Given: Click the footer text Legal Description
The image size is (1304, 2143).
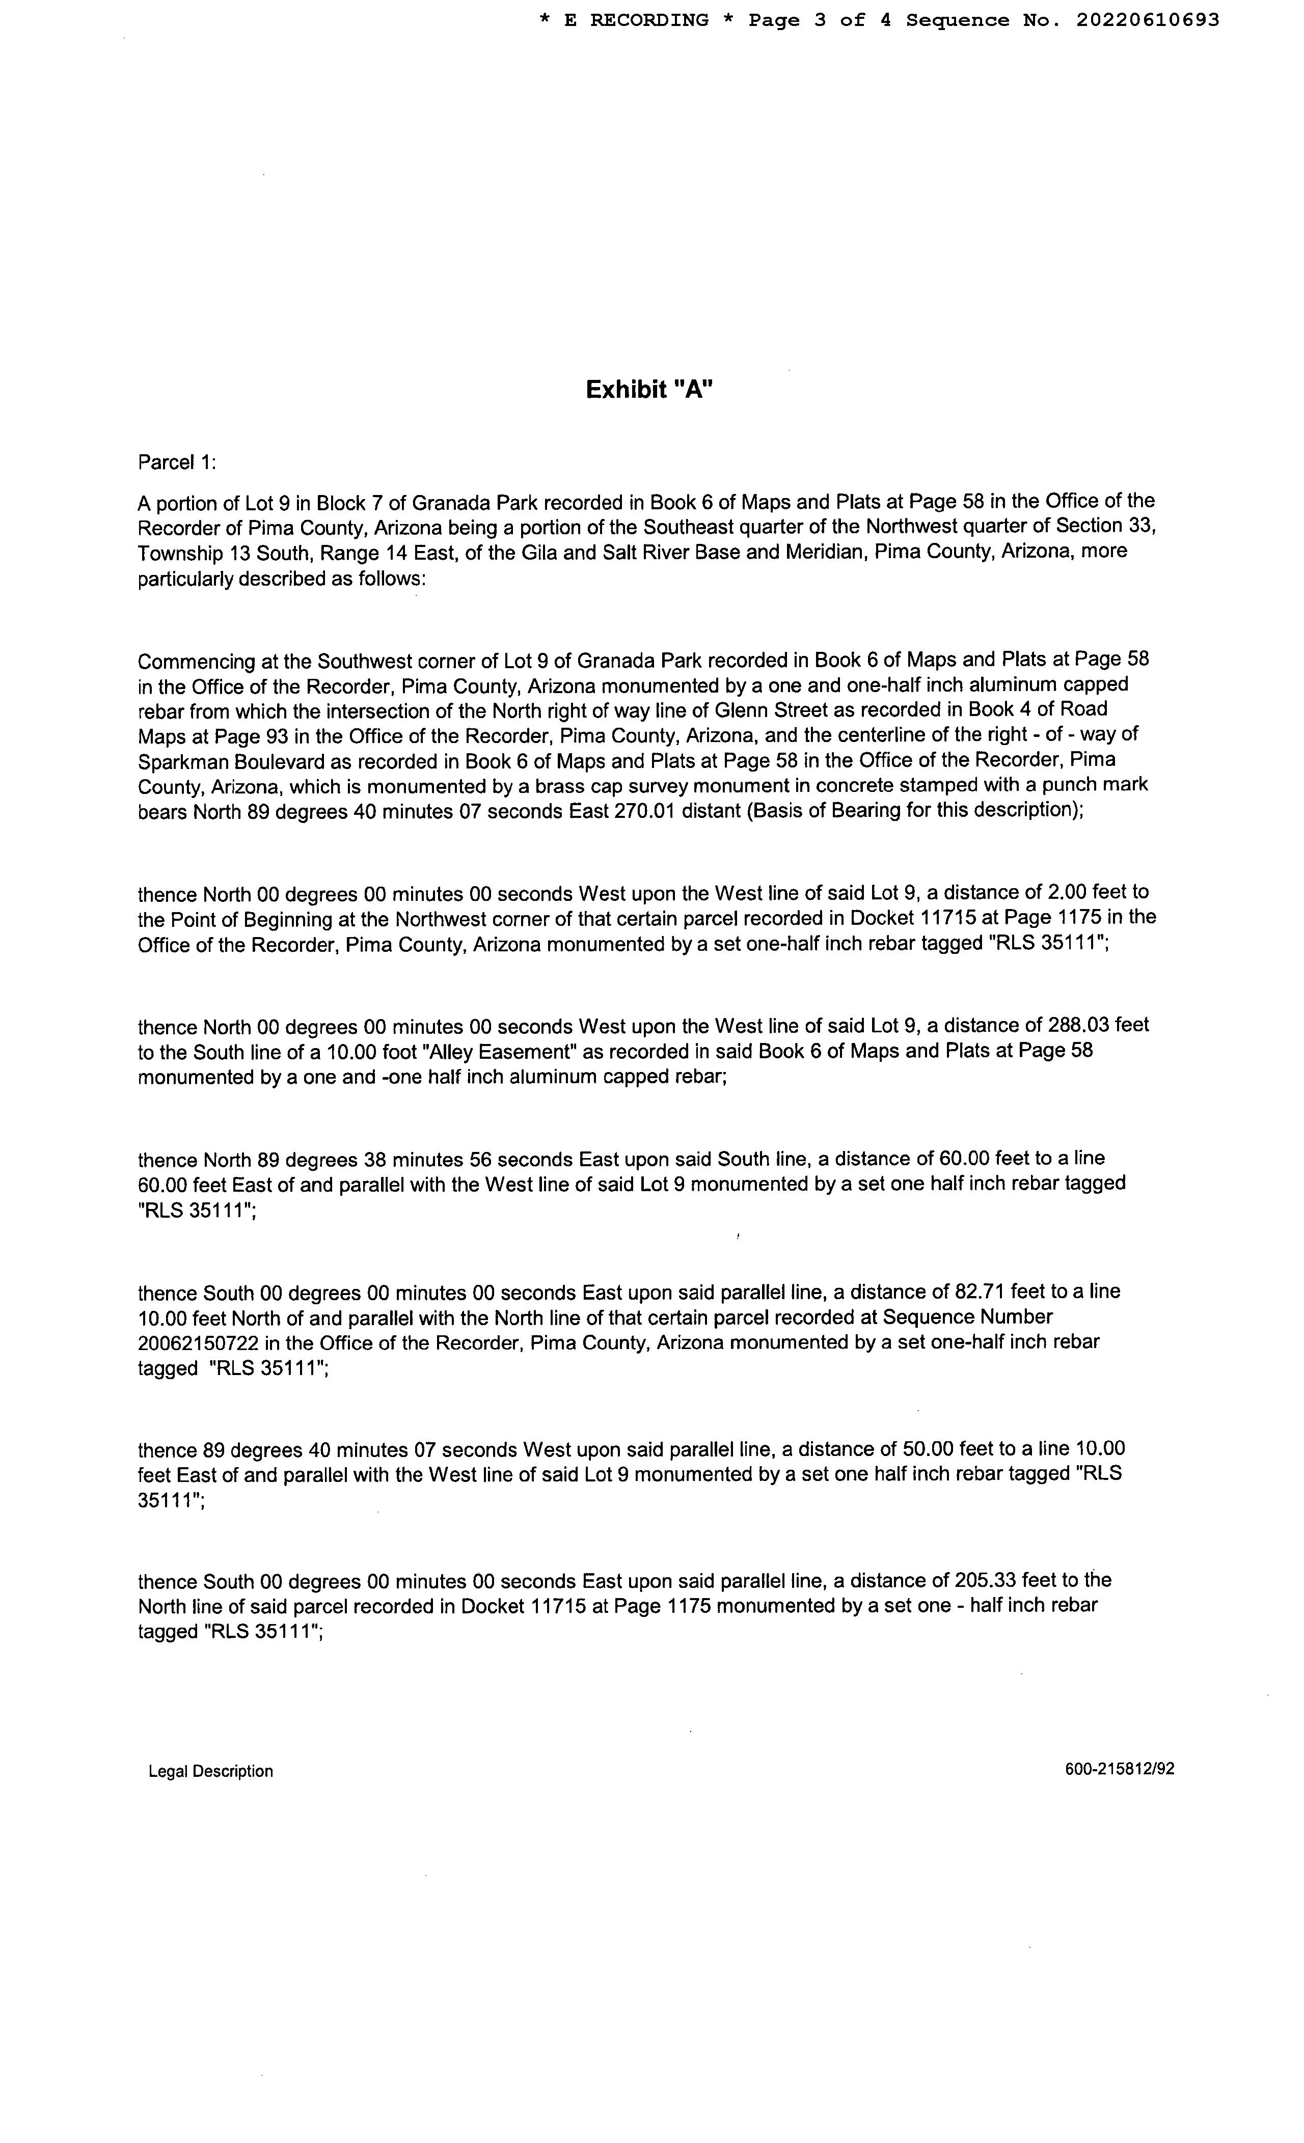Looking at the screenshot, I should pyautogui.click(x=210, y=1772).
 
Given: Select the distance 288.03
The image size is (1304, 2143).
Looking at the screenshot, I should pyautogui.click(x=1078, y=1025).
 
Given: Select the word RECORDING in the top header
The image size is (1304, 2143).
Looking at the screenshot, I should pyautogui.click(x=649, y=20).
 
